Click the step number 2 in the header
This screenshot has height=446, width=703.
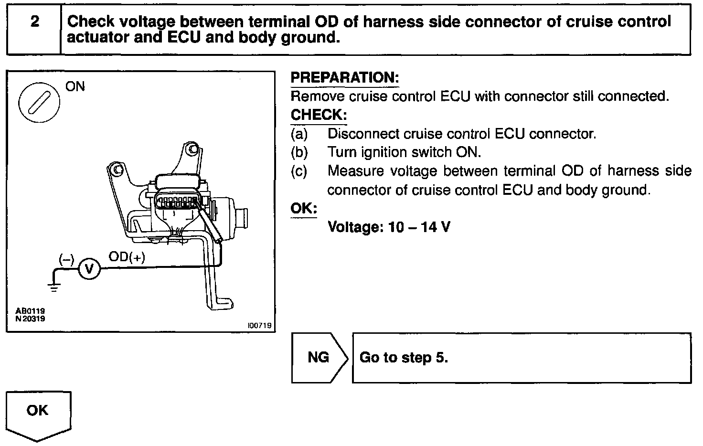[34, 21]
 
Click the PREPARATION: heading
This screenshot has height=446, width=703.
[344, 77]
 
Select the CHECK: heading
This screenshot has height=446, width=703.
[319, 115]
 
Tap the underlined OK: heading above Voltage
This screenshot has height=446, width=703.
[304, 208]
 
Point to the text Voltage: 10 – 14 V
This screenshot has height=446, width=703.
[389, 226]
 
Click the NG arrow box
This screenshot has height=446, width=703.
[319, 357]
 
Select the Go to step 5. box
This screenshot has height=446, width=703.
[522, 358]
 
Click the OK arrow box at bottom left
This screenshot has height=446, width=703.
[38, 412]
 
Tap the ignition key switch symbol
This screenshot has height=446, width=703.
[39, 102]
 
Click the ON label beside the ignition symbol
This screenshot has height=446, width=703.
[75, 86]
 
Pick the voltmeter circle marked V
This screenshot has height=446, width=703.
[89, 269]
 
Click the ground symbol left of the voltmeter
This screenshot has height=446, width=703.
[54, 286]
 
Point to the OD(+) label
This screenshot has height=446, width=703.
[127, 257]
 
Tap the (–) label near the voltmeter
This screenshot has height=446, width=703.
[66, 259]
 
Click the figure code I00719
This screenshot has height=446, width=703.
[259, 325]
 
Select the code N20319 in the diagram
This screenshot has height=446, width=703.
[30, 319]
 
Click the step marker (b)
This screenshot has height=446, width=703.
[299, 152]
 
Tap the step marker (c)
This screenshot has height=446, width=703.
[299, 171]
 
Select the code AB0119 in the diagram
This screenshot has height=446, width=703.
[30, 311]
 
